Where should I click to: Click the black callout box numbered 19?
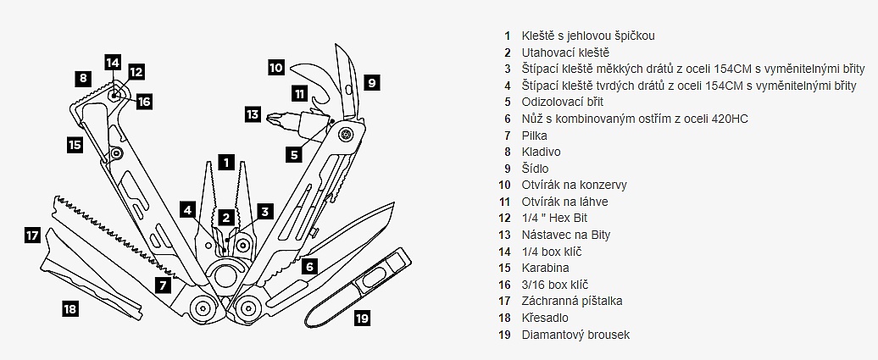click(x=362, y=318)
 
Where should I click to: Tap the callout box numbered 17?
click(x=32, y=235)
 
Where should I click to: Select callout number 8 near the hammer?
click(x=81, y=78)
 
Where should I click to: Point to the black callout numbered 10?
click(x=276, y=66)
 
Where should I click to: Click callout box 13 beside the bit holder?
click(x=253, y=114)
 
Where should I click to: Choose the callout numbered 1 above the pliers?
click(x=225, y=159)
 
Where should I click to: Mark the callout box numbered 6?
click(x=309, y=266)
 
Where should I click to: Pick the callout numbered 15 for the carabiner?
click(x=75, y=145)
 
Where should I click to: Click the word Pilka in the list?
click(x=535, y=136)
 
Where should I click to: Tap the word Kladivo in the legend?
click(x=542, y=152)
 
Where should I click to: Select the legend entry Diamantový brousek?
click(x=575, y=335)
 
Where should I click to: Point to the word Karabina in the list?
click(x=545, y=268)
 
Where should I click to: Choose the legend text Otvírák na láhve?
click(x=564, y=202)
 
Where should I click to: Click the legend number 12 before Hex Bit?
click(x=505, y=219)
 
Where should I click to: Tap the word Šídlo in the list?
click(x=535, y=169)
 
